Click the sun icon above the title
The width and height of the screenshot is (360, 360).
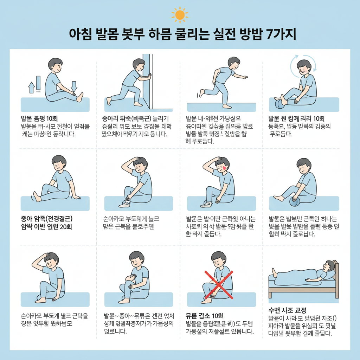click(x=180, y=14)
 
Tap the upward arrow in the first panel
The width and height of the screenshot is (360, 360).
click(x=31, y=87)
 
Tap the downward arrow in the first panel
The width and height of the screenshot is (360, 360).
click(x=74, y=86)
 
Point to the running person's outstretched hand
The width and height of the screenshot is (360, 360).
click(x=245, y=77)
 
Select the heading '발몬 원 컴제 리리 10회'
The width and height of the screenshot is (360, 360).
click(x=296, y=118)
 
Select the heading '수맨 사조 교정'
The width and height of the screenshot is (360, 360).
click(x=287, y=310)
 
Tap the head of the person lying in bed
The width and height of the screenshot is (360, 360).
click(x=330, y=266)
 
